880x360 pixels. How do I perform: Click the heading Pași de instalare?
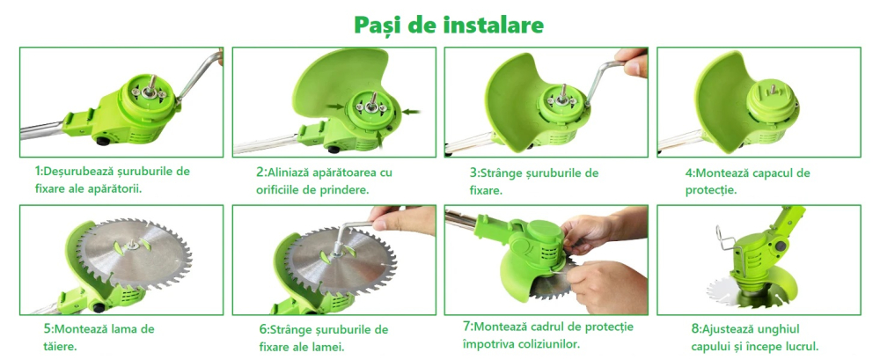(449, 24)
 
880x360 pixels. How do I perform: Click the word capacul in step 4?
(772, 172)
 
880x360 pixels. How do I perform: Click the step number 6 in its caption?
(263, 329)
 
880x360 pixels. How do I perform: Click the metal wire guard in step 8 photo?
(727, 235)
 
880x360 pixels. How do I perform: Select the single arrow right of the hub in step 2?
(413, 110)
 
